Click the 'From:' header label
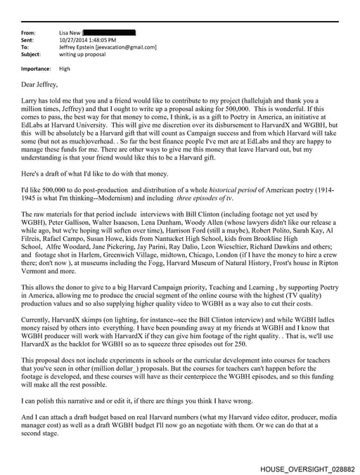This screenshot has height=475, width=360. tap(29, 33)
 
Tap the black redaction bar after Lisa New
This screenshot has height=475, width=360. tap(109, 33)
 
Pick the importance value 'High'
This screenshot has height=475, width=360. tap(65, 69)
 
